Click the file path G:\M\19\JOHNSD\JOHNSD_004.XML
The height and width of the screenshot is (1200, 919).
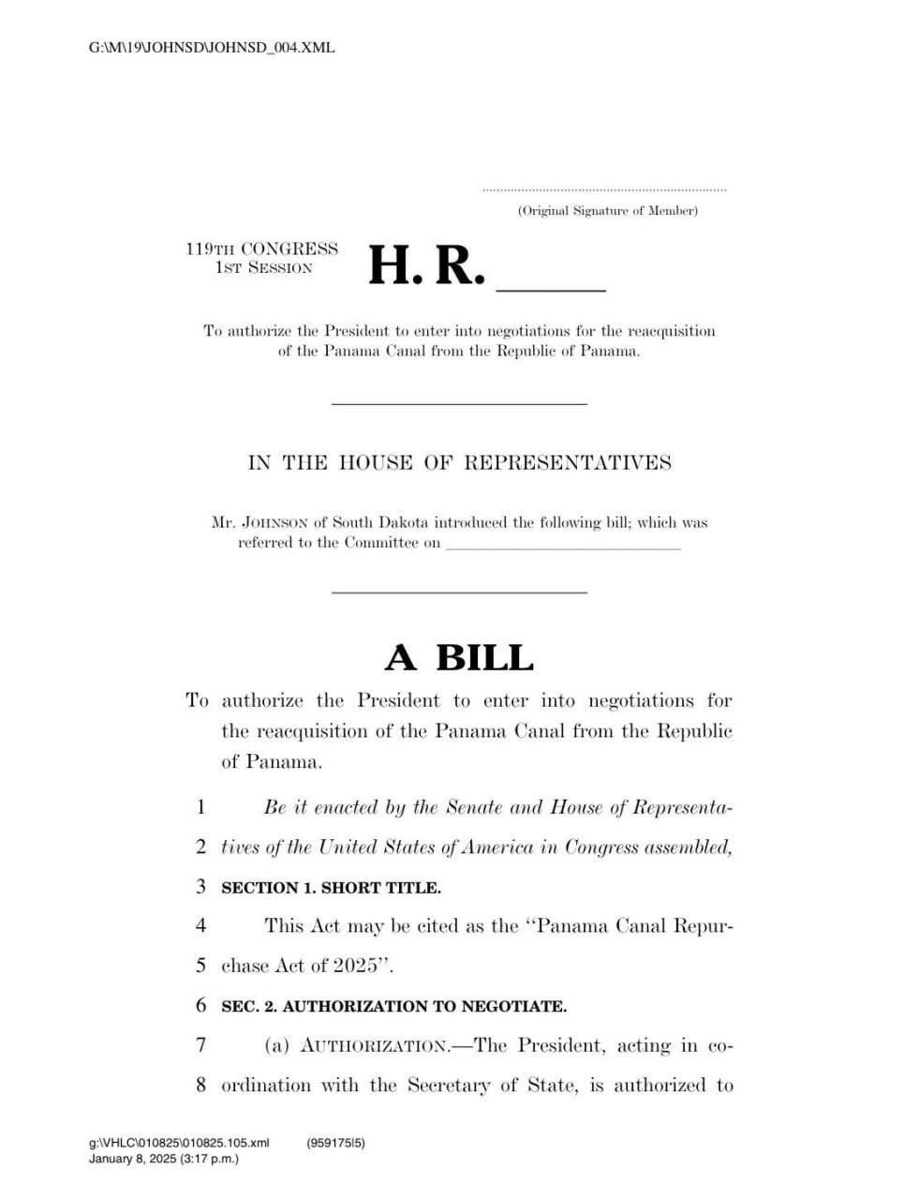click(212, 47)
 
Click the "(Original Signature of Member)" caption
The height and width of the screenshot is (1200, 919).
click(607, 211)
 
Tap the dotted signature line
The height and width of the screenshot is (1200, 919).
click(604, 190)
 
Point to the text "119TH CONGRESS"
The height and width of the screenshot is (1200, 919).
click(261, 249)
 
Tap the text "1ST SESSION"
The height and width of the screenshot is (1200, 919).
click(263, 268)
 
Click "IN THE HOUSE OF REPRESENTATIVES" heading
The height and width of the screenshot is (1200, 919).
click(459, 462)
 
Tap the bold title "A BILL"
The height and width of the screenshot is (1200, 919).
click(459, 658)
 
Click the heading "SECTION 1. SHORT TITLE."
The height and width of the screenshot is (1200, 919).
click(331, 887)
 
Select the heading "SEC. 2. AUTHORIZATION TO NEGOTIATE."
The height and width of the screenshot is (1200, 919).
click(393, 1007)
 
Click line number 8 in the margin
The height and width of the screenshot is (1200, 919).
click(200, 1086)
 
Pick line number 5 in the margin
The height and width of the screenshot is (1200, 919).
click(200, 966)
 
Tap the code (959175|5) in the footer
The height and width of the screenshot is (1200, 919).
click(335, 1143)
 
